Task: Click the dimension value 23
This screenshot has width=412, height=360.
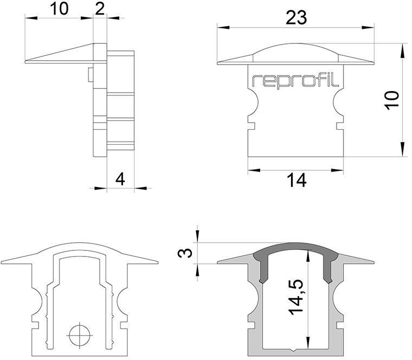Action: click(296, 17)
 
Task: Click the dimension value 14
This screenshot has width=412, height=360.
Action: click(296, 181)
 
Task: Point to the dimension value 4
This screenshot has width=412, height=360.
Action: click(120, 178)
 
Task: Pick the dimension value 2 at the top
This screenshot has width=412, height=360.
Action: click(100, 8)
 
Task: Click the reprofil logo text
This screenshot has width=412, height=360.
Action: click(295, 81)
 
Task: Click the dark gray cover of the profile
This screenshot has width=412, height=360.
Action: click(296, 254)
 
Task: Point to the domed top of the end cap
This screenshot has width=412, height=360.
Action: click(296, 51)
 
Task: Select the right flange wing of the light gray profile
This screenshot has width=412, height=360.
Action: click(358, 259)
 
